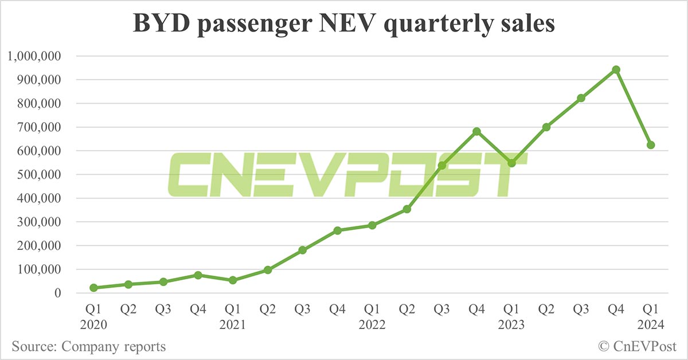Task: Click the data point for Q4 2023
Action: (616, 69)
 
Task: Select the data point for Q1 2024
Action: (651, 145)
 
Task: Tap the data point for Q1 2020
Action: (93, 288)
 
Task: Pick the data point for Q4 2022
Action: (476, 131)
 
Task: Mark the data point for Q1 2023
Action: (511, 163)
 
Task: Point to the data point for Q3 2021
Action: (302, 251)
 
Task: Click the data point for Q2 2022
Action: (406, 209)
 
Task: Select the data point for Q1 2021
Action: (233, 280)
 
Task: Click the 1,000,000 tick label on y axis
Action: (36, 56)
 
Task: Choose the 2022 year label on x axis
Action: (372, 325)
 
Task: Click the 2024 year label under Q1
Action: (651, 325)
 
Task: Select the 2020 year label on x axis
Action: (93, 325)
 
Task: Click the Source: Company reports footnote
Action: (88, 346)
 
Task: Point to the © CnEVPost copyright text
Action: (637, 346)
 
